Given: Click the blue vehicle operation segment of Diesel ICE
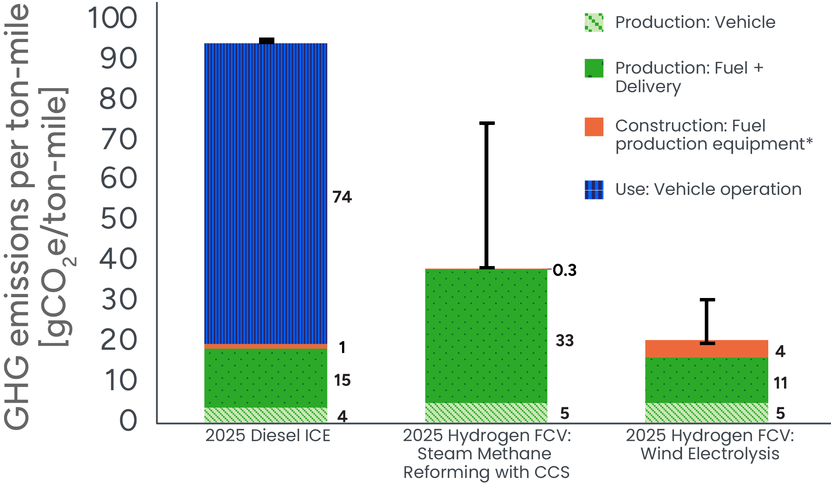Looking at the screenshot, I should pyautogui.click(x=266, y=194).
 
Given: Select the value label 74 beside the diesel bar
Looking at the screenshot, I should pyautogui.click(x=342, y=197).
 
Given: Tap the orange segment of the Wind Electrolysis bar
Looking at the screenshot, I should pyautogui.click(x=706, y=349).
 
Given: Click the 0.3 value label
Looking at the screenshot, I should pyautogui.click(x=565, y=271).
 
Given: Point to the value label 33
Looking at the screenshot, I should pyautogui.click(x=565, y=341).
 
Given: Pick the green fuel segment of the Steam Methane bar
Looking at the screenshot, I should pyautogui.click(x=486, y=336).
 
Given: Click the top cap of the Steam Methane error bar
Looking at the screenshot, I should pyautogui.click(x=487, y=123).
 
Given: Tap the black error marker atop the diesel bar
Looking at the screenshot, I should pyautogui.click(x=266, y=41).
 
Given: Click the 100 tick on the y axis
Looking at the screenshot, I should pyautogui.click(x=113, y=18).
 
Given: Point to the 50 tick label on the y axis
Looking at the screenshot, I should pyautogui.click(x=119, y=219).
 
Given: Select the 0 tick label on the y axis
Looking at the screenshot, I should pyautogui.click(x=128, y=420).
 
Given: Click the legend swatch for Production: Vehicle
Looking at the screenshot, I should pyautogui.click(x=594, y=23).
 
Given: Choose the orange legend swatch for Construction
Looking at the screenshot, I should pyautogui.click(x=594, y=127).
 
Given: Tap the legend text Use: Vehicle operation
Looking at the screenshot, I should pyautogui.click(x=708, y=189).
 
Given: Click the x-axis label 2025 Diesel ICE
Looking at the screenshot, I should pyautogui.click(x=268, y=435).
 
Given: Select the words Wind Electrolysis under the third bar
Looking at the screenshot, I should pyautogui.click(x=710, y=454).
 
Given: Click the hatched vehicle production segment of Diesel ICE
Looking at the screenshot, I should pyautogui.click(x=266, y=415).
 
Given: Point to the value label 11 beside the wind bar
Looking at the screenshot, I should pyautogui.click(x=780, y=383).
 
